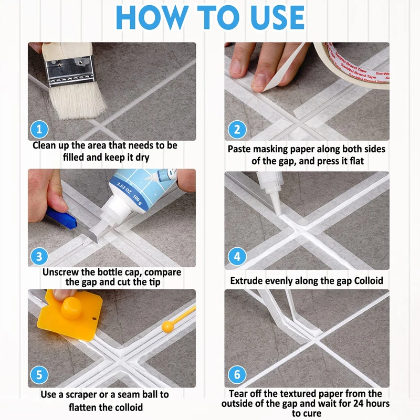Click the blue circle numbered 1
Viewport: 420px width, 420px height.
pyautogui.click(x=39, y=130)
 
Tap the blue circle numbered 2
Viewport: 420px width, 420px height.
pyautogui.click(x=237, y=130)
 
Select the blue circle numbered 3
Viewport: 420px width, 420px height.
pyautogui.click(x=39, y=256)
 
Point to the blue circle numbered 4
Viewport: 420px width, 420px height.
pyautogui.click(x=237, y=256)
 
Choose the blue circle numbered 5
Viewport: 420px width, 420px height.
pyautogui.click(x=39, y=375)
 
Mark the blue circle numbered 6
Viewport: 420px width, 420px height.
pyautogui.click(x=237, y=375)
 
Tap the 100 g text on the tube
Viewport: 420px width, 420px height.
pyautogui.click(x=137, y=201)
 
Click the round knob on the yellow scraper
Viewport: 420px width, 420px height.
pyautogui.click(x=71, y=309)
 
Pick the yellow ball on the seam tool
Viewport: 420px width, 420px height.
pyautogui.click(x=167, y=327)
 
